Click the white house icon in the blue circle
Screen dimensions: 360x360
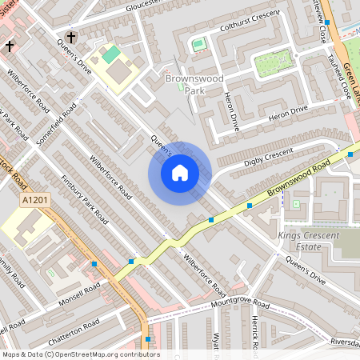coord(180,173)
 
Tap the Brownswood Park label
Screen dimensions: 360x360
coord(186,85)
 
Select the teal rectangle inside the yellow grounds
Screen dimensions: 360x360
coord(111,56)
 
